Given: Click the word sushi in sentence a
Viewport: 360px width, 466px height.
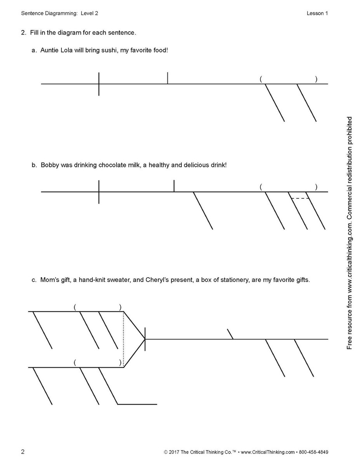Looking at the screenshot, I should pos(110,51).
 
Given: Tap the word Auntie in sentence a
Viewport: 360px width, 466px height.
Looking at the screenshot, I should pos(49,51).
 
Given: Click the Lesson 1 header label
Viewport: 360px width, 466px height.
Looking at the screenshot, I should pos(317,13).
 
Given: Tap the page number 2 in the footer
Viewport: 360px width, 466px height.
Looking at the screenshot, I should pos(23,452).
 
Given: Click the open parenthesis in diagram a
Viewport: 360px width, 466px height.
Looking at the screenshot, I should pos(261,79).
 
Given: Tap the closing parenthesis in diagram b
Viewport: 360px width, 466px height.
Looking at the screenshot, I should pos(316,187).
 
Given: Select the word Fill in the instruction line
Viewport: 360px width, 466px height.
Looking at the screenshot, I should pos(35,33).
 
